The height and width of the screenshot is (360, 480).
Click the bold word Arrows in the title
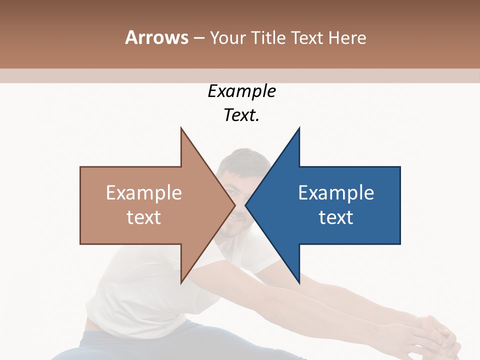pyautogui.click(x=156, y=37)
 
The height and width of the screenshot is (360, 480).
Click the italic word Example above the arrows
pyautogui.click(x=241, y=91)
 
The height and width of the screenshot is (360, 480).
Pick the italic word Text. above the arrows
pyautogui.click(x=241, y=115)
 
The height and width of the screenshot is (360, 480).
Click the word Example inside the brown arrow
pyautogui.click(x=143, y=193)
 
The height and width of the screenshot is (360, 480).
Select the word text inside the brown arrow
pyautogui.click(x=143, y=217)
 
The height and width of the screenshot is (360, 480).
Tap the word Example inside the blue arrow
pyautogui.click(x=336, y=193)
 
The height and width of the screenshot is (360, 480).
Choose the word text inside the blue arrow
pyautogui.click(x=336, y=217)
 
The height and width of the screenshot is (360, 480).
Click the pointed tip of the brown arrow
pyautogui.click(x=234, y=205)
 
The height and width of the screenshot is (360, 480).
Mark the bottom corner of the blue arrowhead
pyautogui.click(x=299, y=282)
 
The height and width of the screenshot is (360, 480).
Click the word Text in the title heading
pyautogui.click(x=307, y=38)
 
